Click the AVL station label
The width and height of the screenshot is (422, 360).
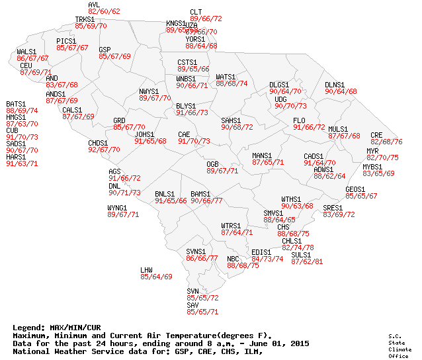[94, 5]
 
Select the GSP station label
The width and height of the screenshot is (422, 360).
[105, 50]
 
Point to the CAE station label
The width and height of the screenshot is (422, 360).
[184, 134]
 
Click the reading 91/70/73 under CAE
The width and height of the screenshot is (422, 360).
[194, 142]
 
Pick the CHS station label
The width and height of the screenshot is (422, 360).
[282, 227]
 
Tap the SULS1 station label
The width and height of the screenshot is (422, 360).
[301, 255]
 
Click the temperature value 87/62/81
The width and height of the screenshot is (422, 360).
[307, 262]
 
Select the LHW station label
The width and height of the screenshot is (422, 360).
[146, 270]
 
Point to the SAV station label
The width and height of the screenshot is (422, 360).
[192, 304]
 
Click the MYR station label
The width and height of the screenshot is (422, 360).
[372, 151]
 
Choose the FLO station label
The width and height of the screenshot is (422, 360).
[299, 120]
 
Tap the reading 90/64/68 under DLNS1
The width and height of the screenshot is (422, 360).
[341, 92]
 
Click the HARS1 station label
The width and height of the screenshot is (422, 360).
[16, 157]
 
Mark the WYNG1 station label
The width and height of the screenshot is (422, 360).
[117, 208]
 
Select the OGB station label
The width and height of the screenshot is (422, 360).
[212, 163]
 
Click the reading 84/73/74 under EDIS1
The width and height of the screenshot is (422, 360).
[267, 259]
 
